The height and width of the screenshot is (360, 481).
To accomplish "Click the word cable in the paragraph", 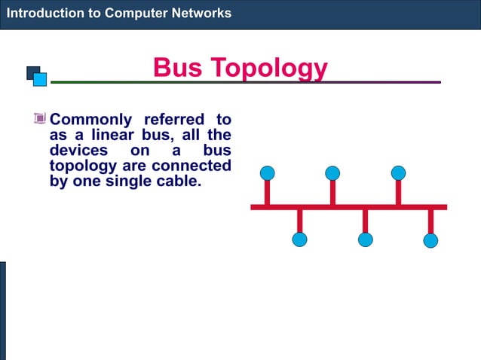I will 177,182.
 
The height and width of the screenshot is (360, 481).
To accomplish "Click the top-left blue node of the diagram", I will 267,173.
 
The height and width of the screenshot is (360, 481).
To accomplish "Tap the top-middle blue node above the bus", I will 332,173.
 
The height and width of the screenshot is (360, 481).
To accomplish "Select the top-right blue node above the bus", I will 398,173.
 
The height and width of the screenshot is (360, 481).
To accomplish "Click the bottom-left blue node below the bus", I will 299,239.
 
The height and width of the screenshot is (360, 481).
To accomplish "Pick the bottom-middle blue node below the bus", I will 365,239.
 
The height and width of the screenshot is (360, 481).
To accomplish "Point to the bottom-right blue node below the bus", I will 430,240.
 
